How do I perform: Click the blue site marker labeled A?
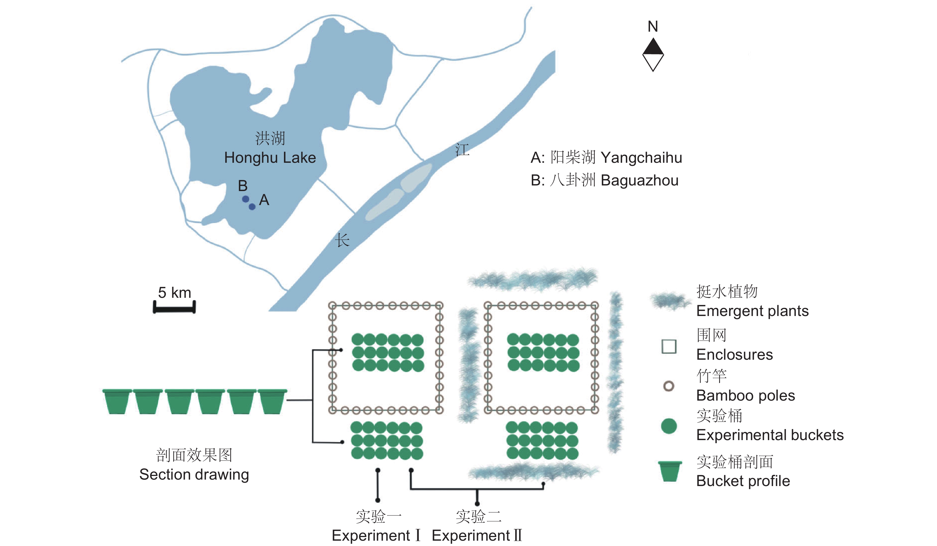click(252, 207)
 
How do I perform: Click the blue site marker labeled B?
click(245, 199)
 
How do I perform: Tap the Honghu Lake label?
click(270, 158)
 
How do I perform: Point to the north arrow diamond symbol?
click(653, 55)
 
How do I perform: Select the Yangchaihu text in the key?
click(641, 158)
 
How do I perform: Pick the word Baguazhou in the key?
click(640, 180)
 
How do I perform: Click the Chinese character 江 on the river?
click(462, 150)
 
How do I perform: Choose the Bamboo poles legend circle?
click(668, 386)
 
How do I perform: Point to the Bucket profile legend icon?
click(670, 471)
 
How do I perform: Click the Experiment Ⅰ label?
click(376, 536)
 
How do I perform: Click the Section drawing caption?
click(194, 475)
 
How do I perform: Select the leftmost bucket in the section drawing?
click(117, 402)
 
